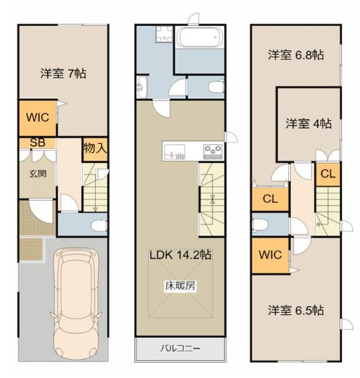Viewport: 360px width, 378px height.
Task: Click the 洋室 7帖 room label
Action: [62, 72]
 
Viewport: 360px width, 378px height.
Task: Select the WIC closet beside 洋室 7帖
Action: [37, 117]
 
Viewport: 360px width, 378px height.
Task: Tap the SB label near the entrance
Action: [33, 143]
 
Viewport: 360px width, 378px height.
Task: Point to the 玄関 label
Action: [37, 172]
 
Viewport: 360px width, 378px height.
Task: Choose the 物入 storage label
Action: [94, 147]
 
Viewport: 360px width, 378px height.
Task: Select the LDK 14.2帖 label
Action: [180, 255]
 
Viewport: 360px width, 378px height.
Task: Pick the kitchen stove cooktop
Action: [212, 150]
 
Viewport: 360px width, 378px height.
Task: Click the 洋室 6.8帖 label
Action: [295, 54]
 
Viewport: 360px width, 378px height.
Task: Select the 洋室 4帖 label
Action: [308, 123]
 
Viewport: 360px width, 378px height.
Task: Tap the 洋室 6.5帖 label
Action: [295, 310]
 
